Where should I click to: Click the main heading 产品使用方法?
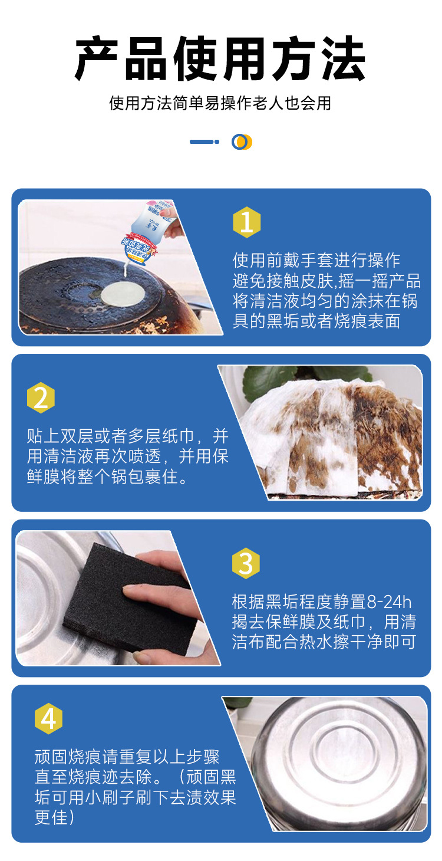(220, 59)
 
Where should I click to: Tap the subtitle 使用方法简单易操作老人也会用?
(220, 103)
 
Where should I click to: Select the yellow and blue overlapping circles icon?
(242, 142)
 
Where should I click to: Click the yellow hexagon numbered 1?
(246, 222)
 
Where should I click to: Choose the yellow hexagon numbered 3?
(246, 564)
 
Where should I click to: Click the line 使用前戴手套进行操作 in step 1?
(316, 260)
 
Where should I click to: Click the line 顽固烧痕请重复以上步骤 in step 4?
(127, 757)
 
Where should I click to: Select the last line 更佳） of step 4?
(54, 817)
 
